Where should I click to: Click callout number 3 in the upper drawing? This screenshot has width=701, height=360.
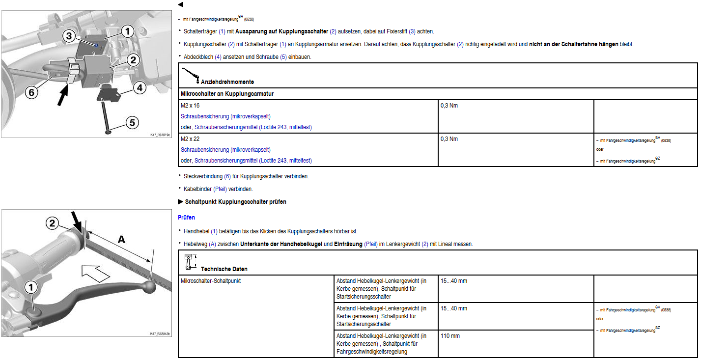point(69,36)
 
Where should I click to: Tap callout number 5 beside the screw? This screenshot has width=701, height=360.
point(132,122)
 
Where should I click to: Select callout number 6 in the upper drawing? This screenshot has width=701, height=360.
point(30,92)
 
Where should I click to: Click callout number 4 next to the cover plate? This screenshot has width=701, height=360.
point(140,88)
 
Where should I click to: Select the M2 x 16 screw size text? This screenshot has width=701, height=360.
point(190,106)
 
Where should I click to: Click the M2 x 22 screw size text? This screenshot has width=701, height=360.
point(190,139)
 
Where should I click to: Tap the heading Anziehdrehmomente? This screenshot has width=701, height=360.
point(227,82)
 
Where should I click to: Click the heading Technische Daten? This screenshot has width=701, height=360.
point(224,269)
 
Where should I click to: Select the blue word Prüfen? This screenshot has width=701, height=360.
point(186,217)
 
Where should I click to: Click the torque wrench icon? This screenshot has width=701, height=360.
point(190,74)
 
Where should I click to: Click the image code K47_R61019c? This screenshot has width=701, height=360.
point(161,135)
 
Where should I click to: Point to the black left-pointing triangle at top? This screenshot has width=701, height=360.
point(180,4)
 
